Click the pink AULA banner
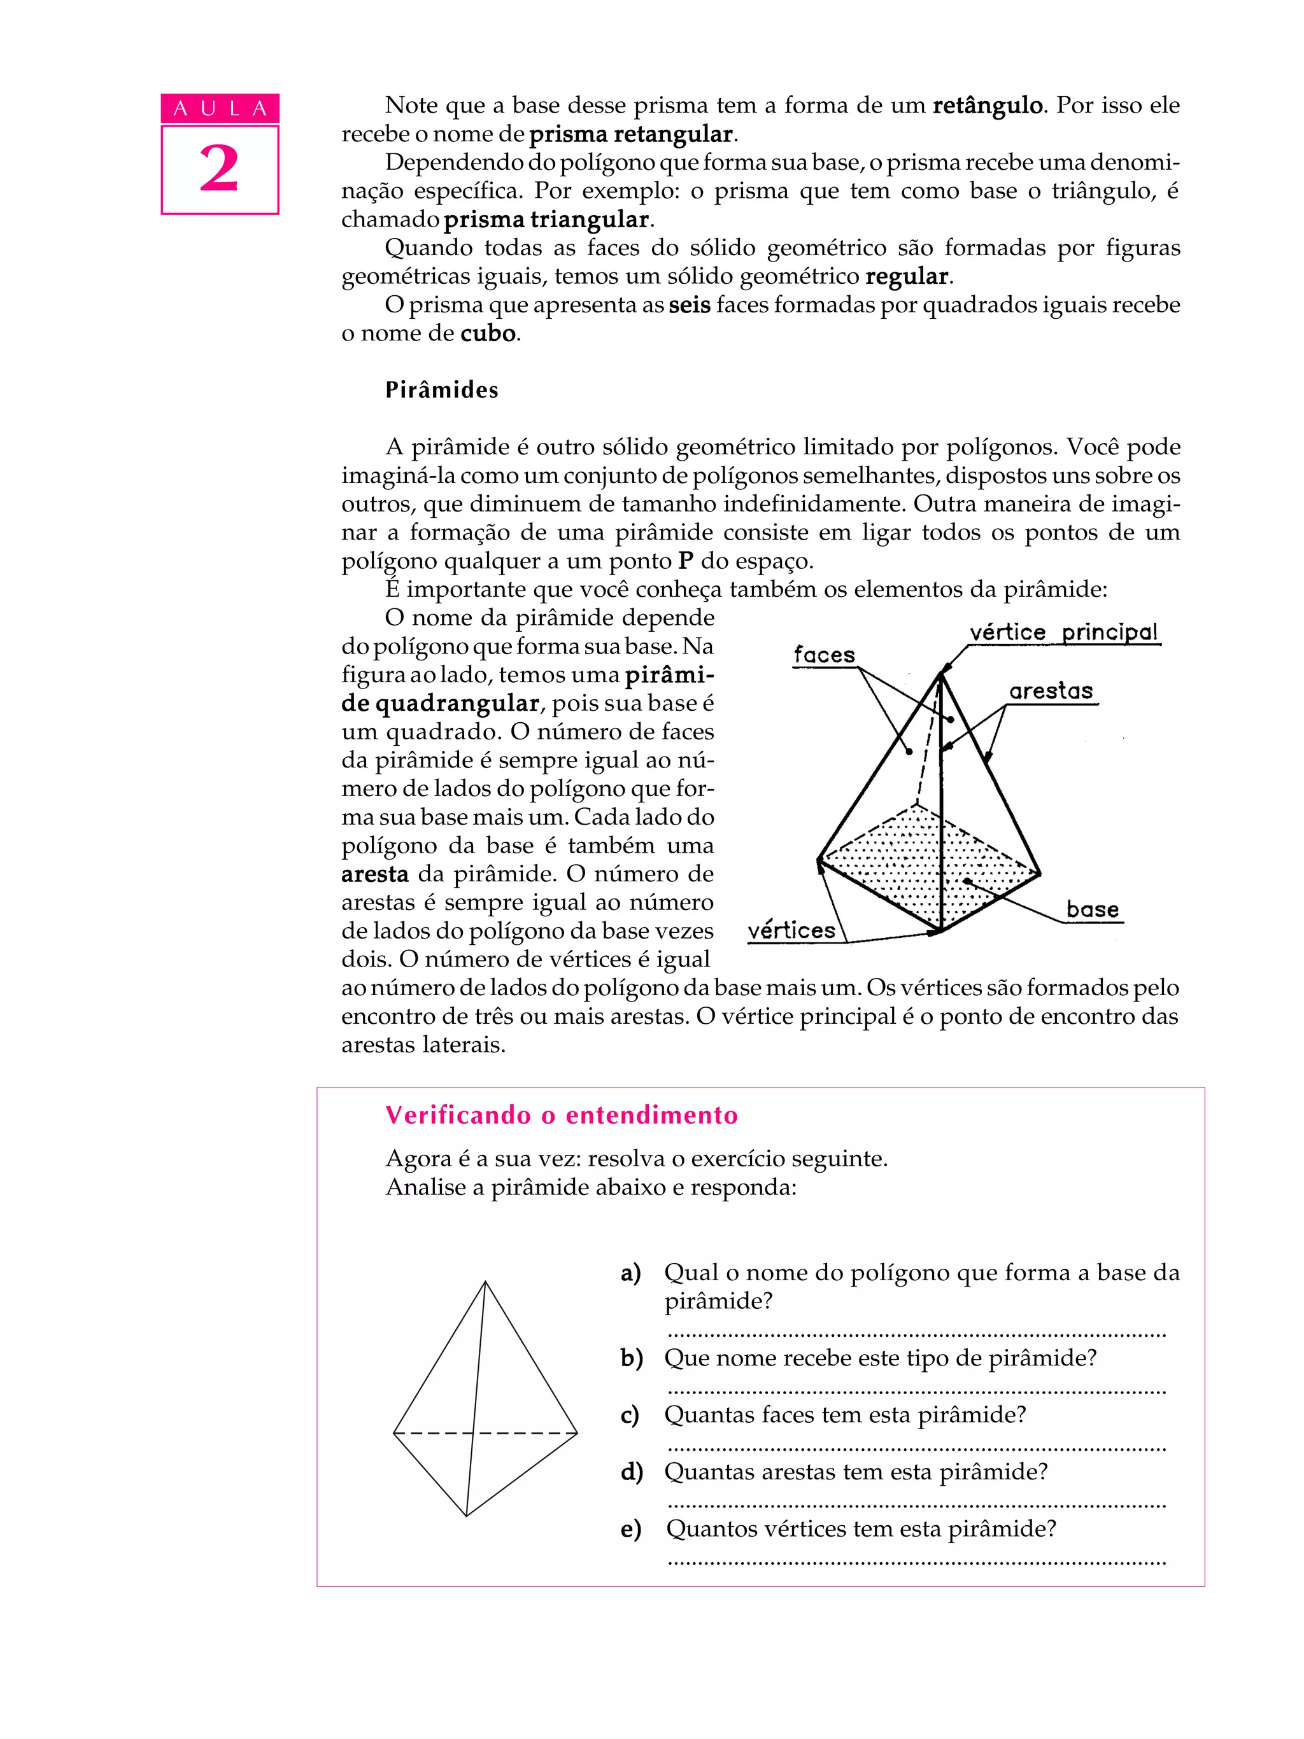[x=220, y=109]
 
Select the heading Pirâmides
[x=441, y=390]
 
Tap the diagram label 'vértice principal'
[x=1063, y=632]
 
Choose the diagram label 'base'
[x=1091, y=910]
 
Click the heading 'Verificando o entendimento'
[x=561, y=1115]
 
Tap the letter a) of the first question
[x=631, y=1272]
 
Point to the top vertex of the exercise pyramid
[x=485, y=1282]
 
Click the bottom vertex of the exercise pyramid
[x=466, y=1515]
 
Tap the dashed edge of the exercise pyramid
[x=519, y=1433]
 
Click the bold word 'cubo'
[x=488, y=333]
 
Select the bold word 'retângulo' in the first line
[x=987, y=106]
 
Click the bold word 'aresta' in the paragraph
[x=374, y=874]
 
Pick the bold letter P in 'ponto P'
[x=686, y=561]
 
